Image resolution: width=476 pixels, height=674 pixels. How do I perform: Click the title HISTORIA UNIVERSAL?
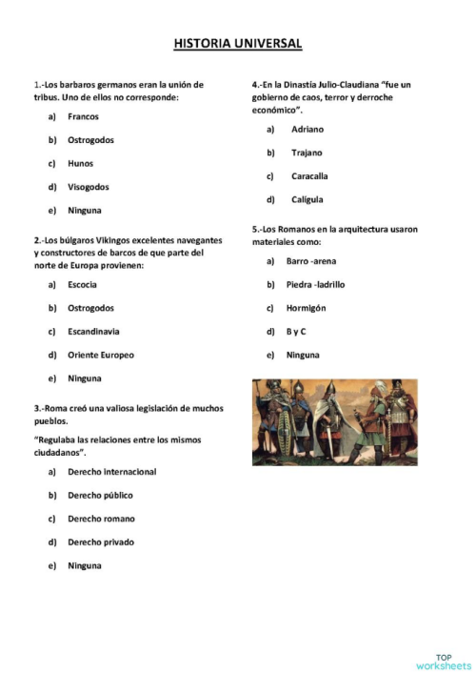coord(238,44)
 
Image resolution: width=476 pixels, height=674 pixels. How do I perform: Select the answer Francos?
coord(83,116)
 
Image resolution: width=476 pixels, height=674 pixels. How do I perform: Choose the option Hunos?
coord(80,163)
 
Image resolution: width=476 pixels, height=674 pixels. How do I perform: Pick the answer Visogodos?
coord(88,187)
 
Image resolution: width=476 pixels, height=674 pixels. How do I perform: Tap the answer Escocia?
coord(82,285)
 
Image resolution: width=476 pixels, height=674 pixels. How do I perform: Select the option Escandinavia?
coord(92,332)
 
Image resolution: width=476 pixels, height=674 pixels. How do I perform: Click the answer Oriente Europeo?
coord(100,355)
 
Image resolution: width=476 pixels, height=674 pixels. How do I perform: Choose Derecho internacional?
coord(111,472)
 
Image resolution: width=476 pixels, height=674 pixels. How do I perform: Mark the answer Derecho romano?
coord(101,519)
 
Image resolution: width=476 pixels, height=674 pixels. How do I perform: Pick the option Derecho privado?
coord(101,542)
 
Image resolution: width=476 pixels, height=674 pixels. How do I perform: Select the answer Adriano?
coord(307,129)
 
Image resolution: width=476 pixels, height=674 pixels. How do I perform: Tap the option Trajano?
coord(307,153)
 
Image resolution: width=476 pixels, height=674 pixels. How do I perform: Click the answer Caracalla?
coord(309,176)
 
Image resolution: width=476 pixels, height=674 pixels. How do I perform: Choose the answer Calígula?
coord(307,199)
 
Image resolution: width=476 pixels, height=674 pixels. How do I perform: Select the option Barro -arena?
coord(311,261)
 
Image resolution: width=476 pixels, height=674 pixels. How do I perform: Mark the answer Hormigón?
coord(306,308)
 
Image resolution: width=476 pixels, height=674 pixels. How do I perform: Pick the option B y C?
coord(296,332)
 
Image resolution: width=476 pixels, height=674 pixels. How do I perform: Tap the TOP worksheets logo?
coord(443,662)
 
